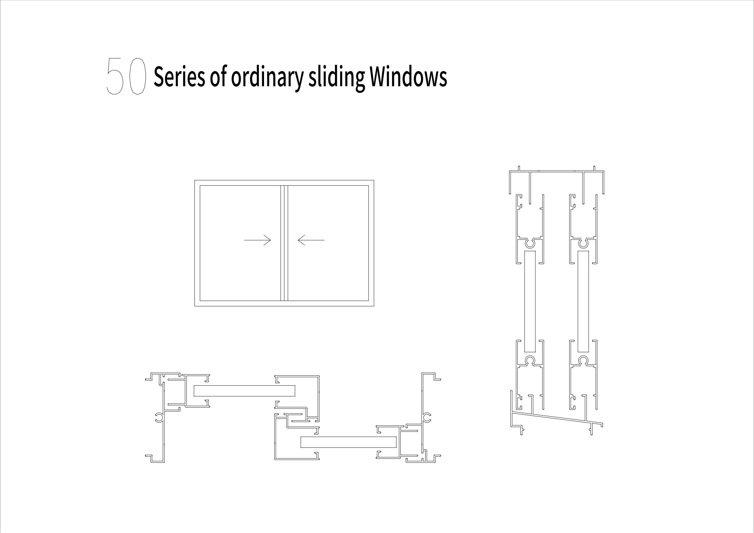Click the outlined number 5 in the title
click(x=115, y=76)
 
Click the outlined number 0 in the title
click(x=137, y=76)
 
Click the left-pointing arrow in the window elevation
click(x=311, y=240)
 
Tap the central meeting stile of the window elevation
click(x=284, y=243)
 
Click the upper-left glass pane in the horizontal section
click(x=244, y=391)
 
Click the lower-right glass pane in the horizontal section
click(x=348, y=442)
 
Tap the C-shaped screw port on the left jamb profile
click(x=159, y=417)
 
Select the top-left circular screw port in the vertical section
click(x=530, y=244)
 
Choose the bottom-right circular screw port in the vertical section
click(x=583, y=360)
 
